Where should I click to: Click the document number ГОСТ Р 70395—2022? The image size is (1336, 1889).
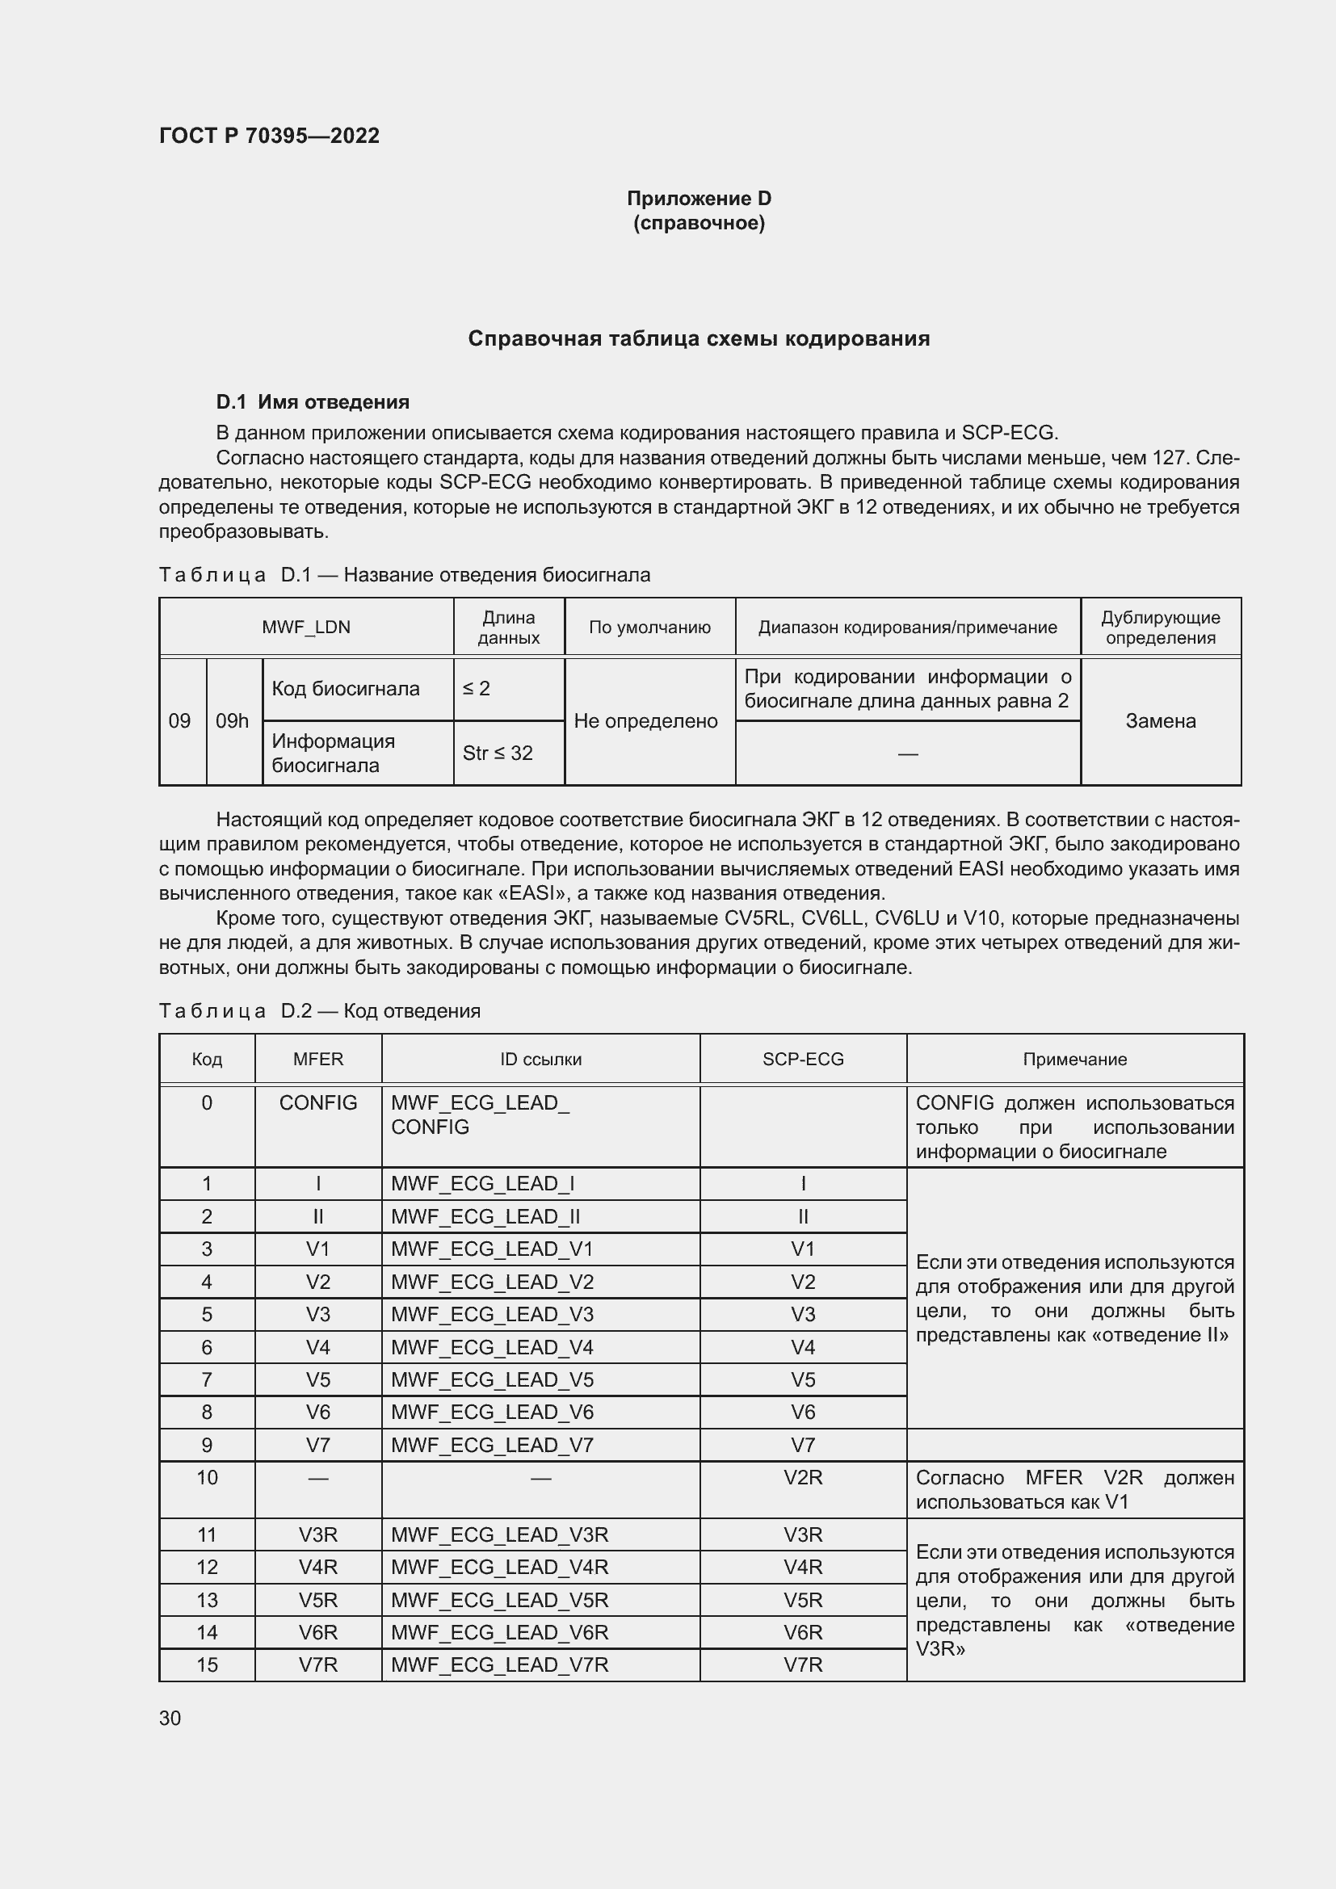[x=269, y=136]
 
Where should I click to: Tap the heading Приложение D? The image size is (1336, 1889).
[x=699, y=199]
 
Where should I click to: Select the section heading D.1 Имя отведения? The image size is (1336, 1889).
[x=313, y=402]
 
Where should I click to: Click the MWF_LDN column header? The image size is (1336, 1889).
[x=306, y=627]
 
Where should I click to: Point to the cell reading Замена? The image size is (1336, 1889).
[x=1160, y=720]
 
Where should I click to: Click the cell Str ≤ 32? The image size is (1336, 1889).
[x=498, y=753]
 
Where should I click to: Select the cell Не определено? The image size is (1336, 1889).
[x=646, y=720]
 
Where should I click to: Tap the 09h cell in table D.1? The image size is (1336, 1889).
[x=232, y=720]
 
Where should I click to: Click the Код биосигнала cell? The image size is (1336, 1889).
[x=346, y=689]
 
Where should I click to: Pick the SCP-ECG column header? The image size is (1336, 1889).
[x=803, y=1059]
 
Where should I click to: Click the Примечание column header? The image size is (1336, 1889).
[x=1074, y=1059]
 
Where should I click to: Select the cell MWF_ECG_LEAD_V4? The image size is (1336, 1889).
[x=492, y=1347]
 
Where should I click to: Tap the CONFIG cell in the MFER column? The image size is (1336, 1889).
[x=317, y=1102]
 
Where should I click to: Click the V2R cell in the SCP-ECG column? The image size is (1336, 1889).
[x=803, y=1478]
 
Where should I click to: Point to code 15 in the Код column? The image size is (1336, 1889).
[x=207, y=1664]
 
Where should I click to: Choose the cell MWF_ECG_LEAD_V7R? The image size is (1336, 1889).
[x=499, y=1664]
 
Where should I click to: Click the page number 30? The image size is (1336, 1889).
[x=170, y=1718]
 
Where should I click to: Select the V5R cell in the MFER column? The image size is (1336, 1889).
[x=317, y=1599]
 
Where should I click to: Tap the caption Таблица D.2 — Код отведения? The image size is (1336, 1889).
[x=319, y=1010]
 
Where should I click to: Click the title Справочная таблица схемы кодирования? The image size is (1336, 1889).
[x=699, y=339]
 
